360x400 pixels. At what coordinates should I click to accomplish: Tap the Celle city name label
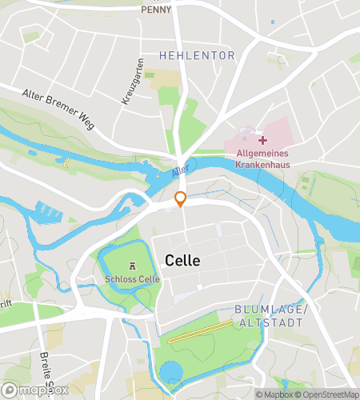pos(182,261)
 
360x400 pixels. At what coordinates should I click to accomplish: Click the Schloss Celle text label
pos(133,279)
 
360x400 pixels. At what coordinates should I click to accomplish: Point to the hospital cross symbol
pos(262,140)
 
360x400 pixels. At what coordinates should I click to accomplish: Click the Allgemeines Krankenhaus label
pos(262,158)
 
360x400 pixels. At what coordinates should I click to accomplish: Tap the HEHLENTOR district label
pos(197,56)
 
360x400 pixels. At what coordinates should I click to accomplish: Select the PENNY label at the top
pos(156,10)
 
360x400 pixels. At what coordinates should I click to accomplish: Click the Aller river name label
pos(180,170)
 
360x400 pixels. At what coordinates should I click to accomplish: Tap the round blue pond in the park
pos(171,372)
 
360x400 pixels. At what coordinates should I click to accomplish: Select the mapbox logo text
pos(41,390)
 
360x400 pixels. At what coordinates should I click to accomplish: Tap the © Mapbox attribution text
pos(276,394)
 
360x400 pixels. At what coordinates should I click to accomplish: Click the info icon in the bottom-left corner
pos(8,390)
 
